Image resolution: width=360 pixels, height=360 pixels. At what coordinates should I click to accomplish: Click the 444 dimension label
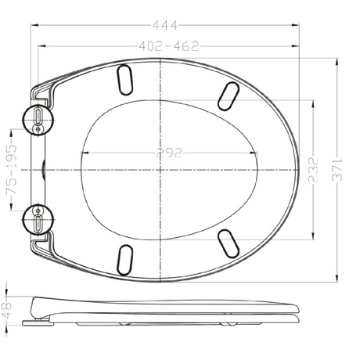tap(165, 25)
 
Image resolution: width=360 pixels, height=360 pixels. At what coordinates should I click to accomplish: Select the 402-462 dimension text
tap(169, 46)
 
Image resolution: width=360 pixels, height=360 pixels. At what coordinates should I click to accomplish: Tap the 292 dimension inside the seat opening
tap(169, 153)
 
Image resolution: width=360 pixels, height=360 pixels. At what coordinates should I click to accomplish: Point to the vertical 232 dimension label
tap(314, 170)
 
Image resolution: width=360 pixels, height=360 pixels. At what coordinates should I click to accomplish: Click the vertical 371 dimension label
tap(337, 170)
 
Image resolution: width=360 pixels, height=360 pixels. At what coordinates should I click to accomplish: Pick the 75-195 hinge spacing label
tap(12, 170)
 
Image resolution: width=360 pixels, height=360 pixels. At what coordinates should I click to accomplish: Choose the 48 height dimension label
tap(7, 311)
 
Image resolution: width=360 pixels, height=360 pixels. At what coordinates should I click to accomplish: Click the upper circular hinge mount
tap(38, 120)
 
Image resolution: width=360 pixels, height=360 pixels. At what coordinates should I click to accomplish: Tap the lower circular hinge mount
tap(38, 219)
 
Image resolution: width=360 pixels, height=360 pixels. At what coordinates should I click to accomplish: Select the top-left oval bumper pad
tap(124, 80)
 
